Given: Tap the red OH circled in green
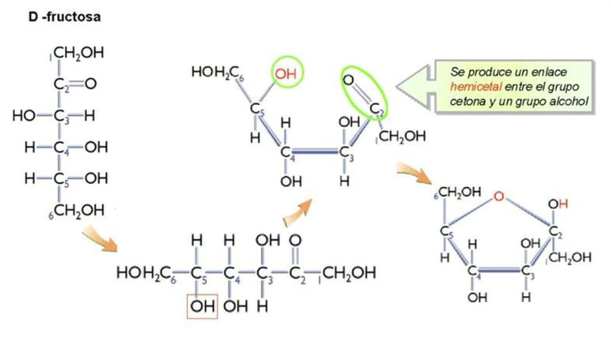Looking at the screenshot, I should click(x=286, y=73).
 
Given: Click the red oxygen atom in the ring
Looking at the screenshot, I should click(x=498, y=197).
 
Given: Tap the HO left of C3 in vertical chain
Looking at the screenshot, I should click(x=26, y=116).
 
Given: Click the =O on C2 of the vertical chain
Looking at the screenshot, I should click(x=90, y=84).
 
